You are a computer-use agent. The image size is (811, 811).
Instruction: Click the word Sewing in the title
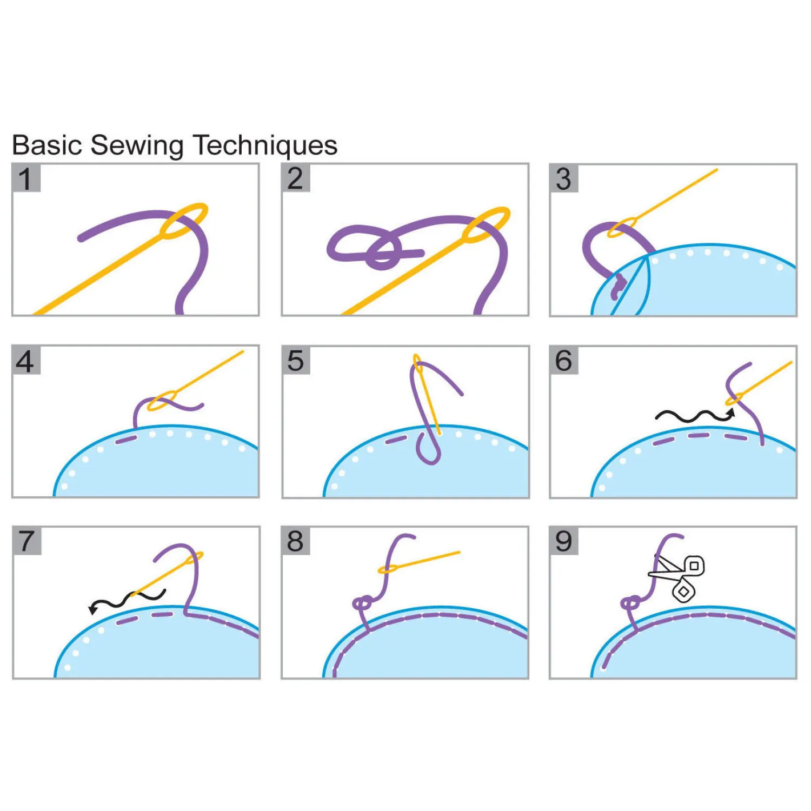click(x=137, y=146)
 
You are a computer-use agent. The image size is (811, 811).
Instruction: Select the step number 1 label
click(x=26, y=178)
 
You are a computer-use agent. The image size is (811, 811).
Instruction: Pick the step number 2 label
click(x=295, y=178)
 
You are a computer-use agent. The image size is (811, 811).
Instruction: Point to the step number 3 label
click(x=563, y=178)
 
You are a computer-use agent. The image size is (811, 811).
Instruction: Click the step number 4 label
click(x=26, y=360)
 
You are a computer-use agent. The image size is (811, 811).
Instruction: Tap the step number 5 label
click(x=296, y=360)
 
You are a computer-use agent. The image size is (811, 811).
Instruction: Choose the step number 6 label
click(x=563, y=360)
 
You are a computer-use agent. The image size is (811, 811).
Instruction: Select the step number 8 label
click(x=295, y=541)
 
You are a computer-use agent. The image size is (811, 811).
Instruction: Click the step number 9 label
click(x=563, y=541)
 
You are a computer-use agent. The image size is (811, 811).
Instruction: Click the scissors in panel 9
click(x=679, y=576)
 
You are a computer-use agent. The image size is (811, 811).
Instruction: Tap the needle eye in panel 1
click(x=184, y=221)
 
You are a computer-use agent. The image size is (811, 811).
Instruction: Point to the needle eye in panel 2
click(x=486, y=224)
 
